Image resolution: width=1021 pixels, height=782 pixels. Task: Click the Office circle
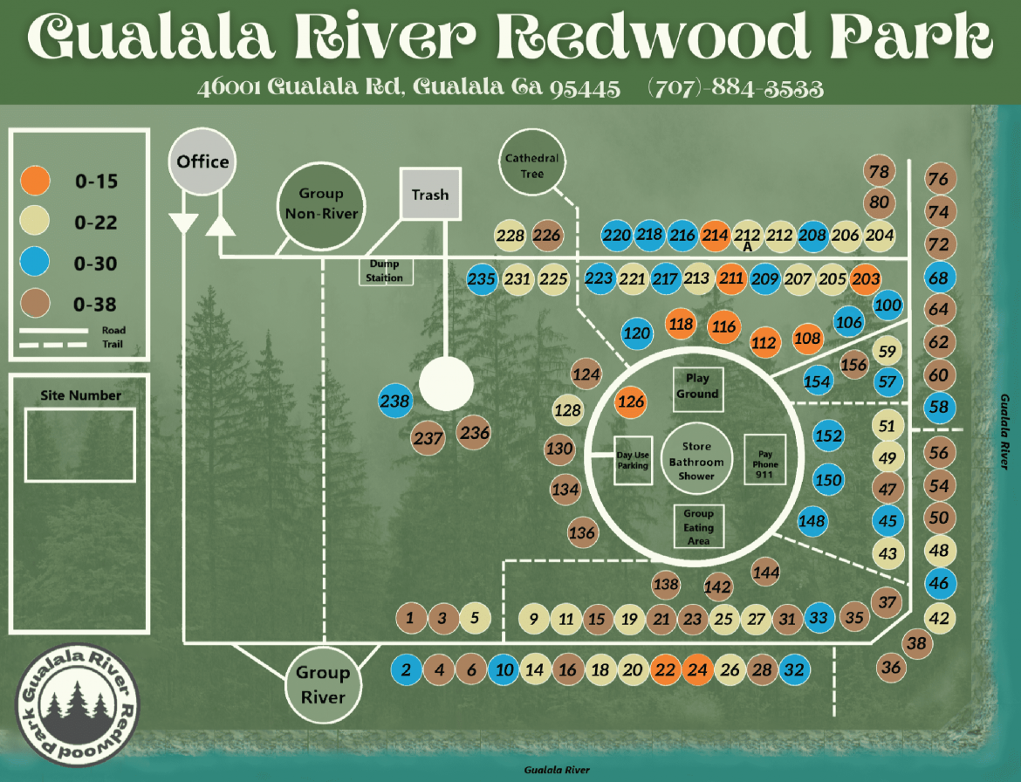click(x=202, y=161)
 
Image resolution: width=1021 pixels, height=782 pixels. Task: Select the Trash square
click(x=430, y=194)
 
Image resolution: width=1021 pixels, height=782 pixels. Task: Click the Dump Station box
click(x=385, y=271)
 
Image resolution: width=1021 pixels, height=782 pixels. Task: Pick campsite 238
click(x=394, y=401)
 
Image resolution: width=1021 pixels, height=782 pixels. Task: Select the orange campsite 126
click(x=631, y=401)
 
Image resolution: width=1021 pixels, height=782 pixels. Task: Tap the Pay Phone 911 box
click(x=765, y=459)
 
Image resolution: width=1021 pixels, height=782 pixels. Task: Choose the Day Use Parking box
click(x=633, y=460)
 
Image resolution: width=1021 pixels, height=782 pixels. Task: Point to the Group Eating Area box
click(x=699, y=527)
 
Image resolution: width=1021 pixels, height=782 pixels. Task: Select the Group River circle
click(x=323, y=685)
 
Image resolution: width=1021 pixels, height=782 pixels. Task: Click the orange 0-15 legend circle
click(x=35, y=181)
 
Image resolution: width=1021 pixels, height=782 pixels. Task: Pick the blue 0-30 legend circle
click(x=35, y=263)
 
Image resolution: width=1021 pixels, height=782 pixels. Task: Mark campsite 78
click(x=879, y=171)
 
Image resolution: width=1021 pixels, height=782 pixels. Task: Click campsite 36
click(x=891, y=667)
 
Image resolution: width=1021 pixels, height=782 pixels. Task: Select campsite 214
click(x=715, y=235)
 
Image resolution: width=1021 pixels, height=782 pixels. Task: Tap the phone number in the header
click(x=736, y=87)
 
